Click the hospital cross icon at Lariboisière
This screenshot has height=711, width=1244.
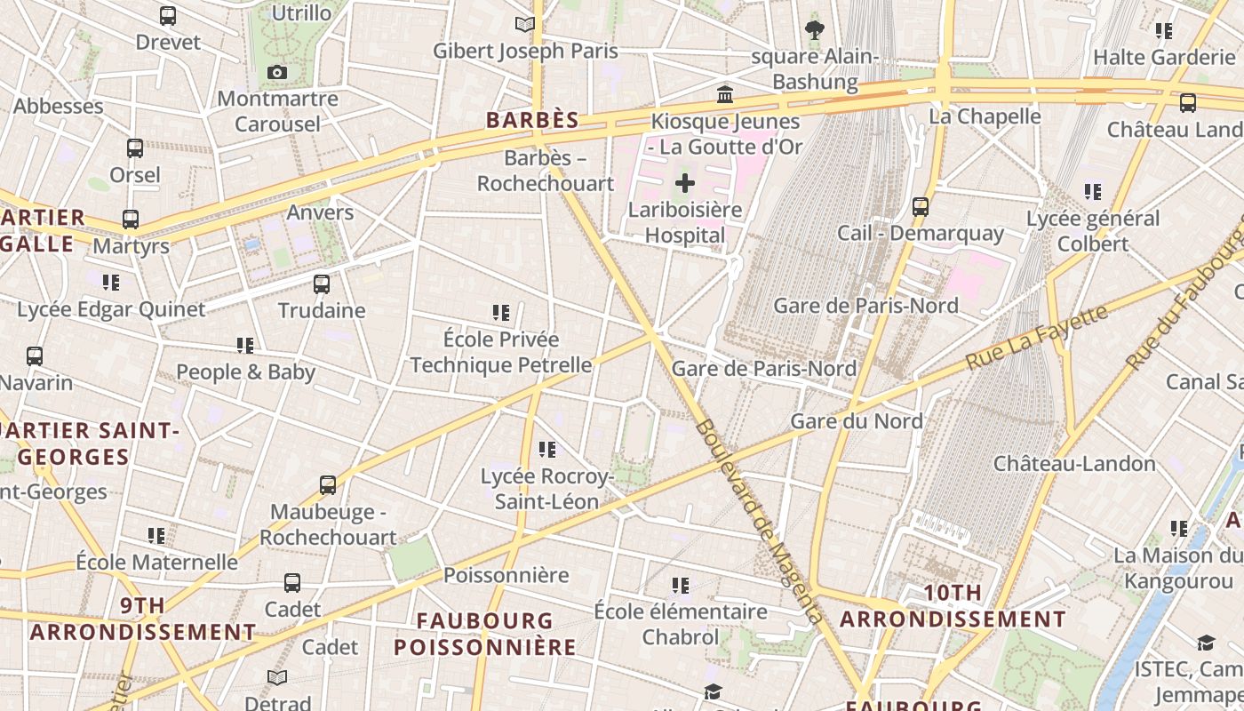tap(684, 184)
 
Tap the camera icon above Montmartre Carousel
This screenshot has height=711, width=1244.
tap(277, 72)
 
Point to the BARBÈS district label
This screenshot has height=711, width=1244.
tap(532, 120)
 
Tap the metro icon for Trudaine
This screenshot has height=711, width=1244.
tap(322, 284)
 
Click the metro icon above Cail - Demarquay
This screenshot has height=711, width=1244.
tap(921, 207)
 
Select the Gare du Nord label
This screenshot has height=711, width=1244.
tap(857, 420)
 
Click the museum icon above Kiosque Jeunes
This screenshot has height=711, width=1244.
tap(725, 94)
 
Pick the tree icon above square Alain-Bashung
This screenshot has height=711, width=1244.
tap(814, 30)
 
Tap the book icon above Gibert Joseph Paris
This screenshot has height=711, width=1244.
tap(525, 25)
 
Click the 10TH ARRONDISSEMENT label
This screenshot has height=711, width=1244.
tap(953, 606)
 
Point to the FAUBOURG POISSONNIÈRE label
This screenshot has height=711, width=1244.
tap(485, 634)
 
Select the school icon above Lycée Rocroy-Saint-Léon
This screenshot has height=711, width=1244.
tap(547, 450)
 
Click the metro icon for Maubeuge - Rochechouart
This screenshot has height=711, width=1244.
tap(328, 485)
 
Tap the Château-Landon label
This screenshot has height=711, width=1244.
tap(1074, 463)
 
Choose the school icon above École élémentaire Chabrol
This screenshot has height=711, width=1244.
tap(681, 586)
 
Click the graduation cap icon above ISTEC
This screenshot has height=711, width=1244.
tap(1206, 643)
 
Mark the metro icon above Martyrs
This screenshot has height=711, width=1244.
tap(131, 219)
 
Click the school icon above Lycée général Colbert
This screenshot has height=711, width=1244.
tap(1093, 192)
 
